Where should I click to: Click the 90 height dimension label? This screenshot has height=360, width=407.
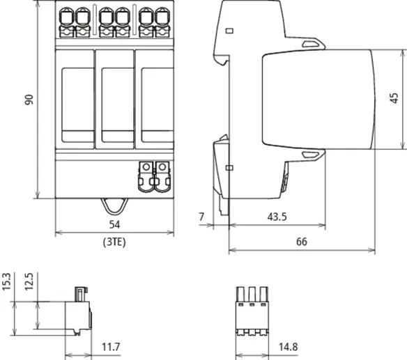(x=29, y=100)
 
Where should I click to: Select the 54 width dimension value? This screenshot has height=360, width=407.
(x=114, y=225)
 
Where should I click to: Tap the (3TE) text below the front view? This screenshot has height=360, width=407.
(x=114, y=242)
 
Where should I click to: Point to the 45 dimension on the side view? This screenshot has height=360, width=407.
(x=394, y=98)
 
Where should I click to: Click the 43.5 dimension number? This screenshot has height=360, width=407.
(x=277, y=217)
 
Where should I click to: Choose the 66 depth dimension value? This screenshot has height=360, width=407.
(x=302, y=242)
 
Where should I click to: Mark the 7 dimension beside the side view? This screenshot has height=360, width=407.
(x=201, y=217)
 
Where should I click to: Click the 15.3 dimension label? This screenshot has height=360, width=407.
(x=6, y=282)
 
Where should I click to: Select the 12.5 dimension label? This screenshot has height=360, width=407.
(x=29, y=282)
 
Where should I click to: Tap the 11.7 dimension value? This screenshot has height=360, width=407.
(x=111, y=347)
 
